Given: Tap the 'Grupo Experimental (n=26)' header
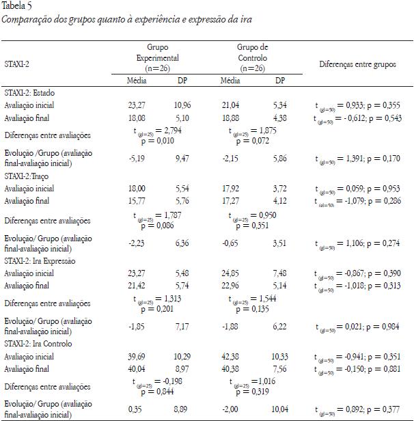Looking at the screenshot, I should tap(156, 58).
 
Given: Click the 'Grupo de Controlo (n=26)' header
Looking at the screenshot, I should tap(253, 58).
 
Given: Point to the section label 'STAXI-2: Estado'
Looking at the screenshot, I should tap(30, 92).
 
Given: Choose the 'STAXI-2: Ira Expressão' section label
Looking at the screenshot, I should tap(40, 260).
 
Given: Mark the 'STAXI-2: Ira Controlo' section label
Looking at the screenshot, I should tap(38, 344).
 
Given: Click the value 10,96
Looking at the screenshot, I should tap(182, 105).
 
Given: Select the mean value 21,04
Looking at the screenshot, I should tap(232, 105).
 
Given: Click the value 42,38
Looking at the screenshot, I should tap(232, 357).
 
